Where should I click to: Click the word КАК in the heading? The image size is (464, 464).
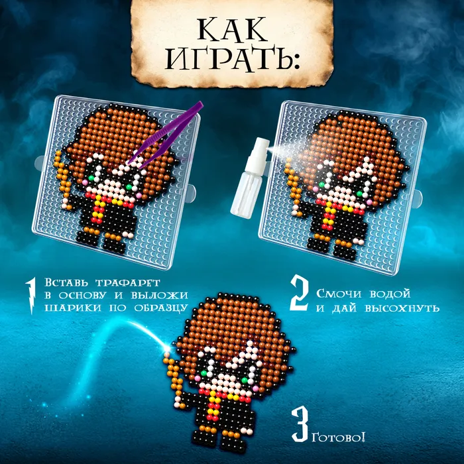coord(232,30)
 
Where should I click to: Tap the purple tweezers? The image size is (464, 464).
coord(166,135)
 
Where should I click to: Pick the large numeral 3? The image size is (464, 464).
coord(300,424)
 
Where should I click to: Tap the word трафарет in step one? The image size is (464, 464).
coord(127,282)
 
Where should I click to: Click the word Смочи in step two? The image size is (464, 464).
coord(339,294)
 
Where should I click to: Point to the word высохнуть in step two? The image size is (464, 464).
coord(402,309)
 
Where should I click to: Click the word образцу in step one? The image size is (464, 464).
coord(161,308)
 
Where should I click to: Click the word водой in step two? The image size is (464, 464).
coord(390,294)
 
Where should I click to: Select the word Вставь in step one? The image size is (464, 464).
coord(66,282)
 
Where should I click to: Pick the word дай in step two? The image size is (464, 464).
coord(344,309)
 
